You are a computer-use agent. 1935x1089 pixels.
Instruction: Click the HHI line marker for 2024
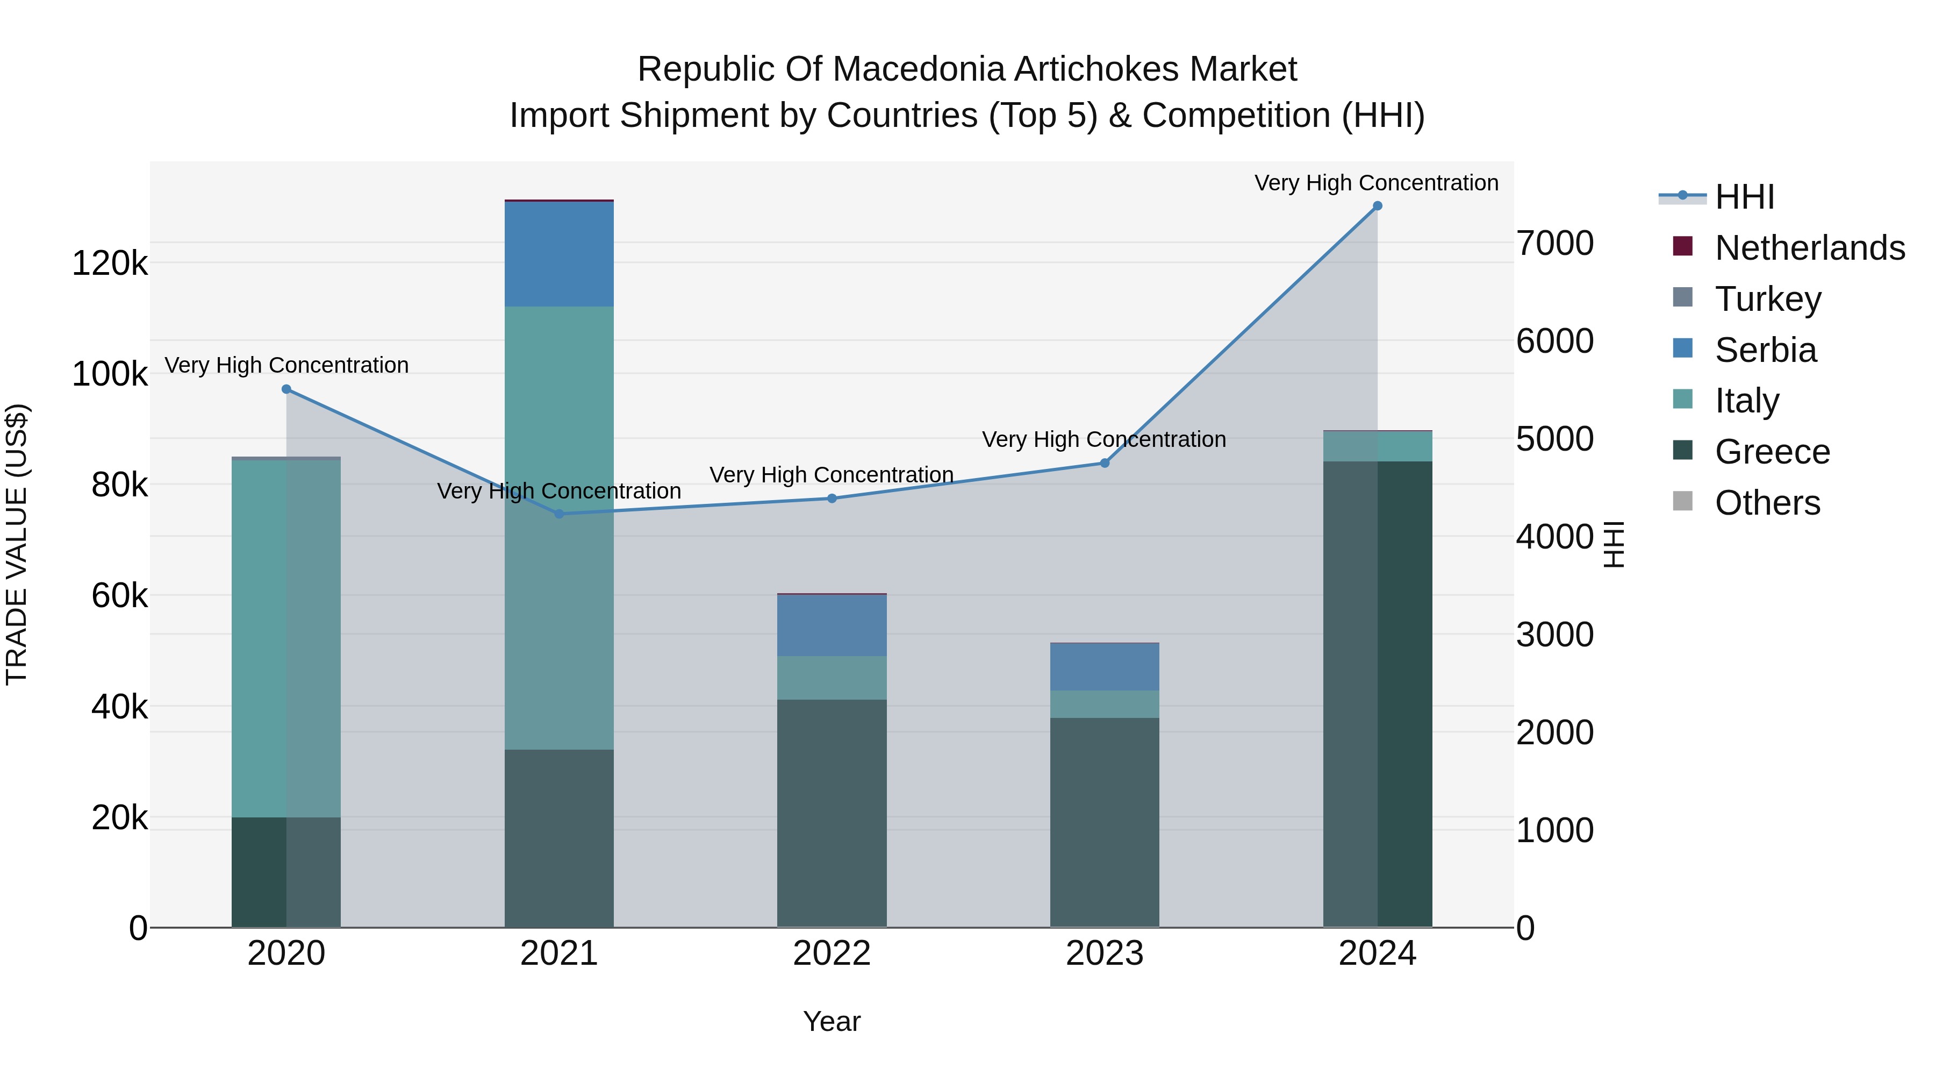[1377, 206]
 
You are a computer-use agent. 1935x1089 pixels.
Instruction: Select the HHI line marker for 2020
[286, 389]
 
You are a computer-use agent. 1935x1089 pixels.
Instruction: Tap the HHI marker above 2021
[559, 514]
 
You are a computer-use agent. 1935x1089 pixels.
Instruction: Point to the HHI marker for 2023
[1104, 463]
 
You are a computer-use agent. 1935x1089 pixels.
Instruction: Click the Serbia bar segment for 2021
[559, 254]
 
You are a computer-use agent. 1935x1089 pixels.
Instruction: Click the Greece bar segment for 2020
[286, 872]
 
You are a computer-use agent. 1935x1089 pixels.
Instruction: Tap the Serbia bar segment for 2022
[832, 625]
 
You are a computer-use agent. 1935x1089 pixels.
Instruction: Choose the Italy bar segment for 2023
[1104, 704]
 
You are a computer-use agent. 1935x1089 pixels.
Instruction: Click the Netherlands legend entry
[1809, 248]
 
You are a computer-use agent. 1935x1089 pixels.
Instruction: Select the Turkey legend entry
[1767, 299]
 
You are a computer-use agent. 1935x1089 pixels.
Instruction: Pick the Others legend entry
[1767, 503]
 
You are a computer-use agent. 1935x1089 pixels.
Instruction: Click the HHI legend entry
[1744, 197]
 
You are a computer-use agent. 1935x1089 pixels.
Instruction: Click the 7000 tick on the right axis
[1554, 244]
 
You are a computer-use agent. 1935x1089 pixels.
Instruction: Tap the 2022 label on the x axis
[832, 953]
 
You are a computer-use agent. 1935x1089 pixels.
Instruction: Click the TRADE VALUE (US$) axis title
[17, 544]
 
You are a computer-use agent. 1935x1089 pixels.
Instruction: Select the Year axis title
[832, 1021]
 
